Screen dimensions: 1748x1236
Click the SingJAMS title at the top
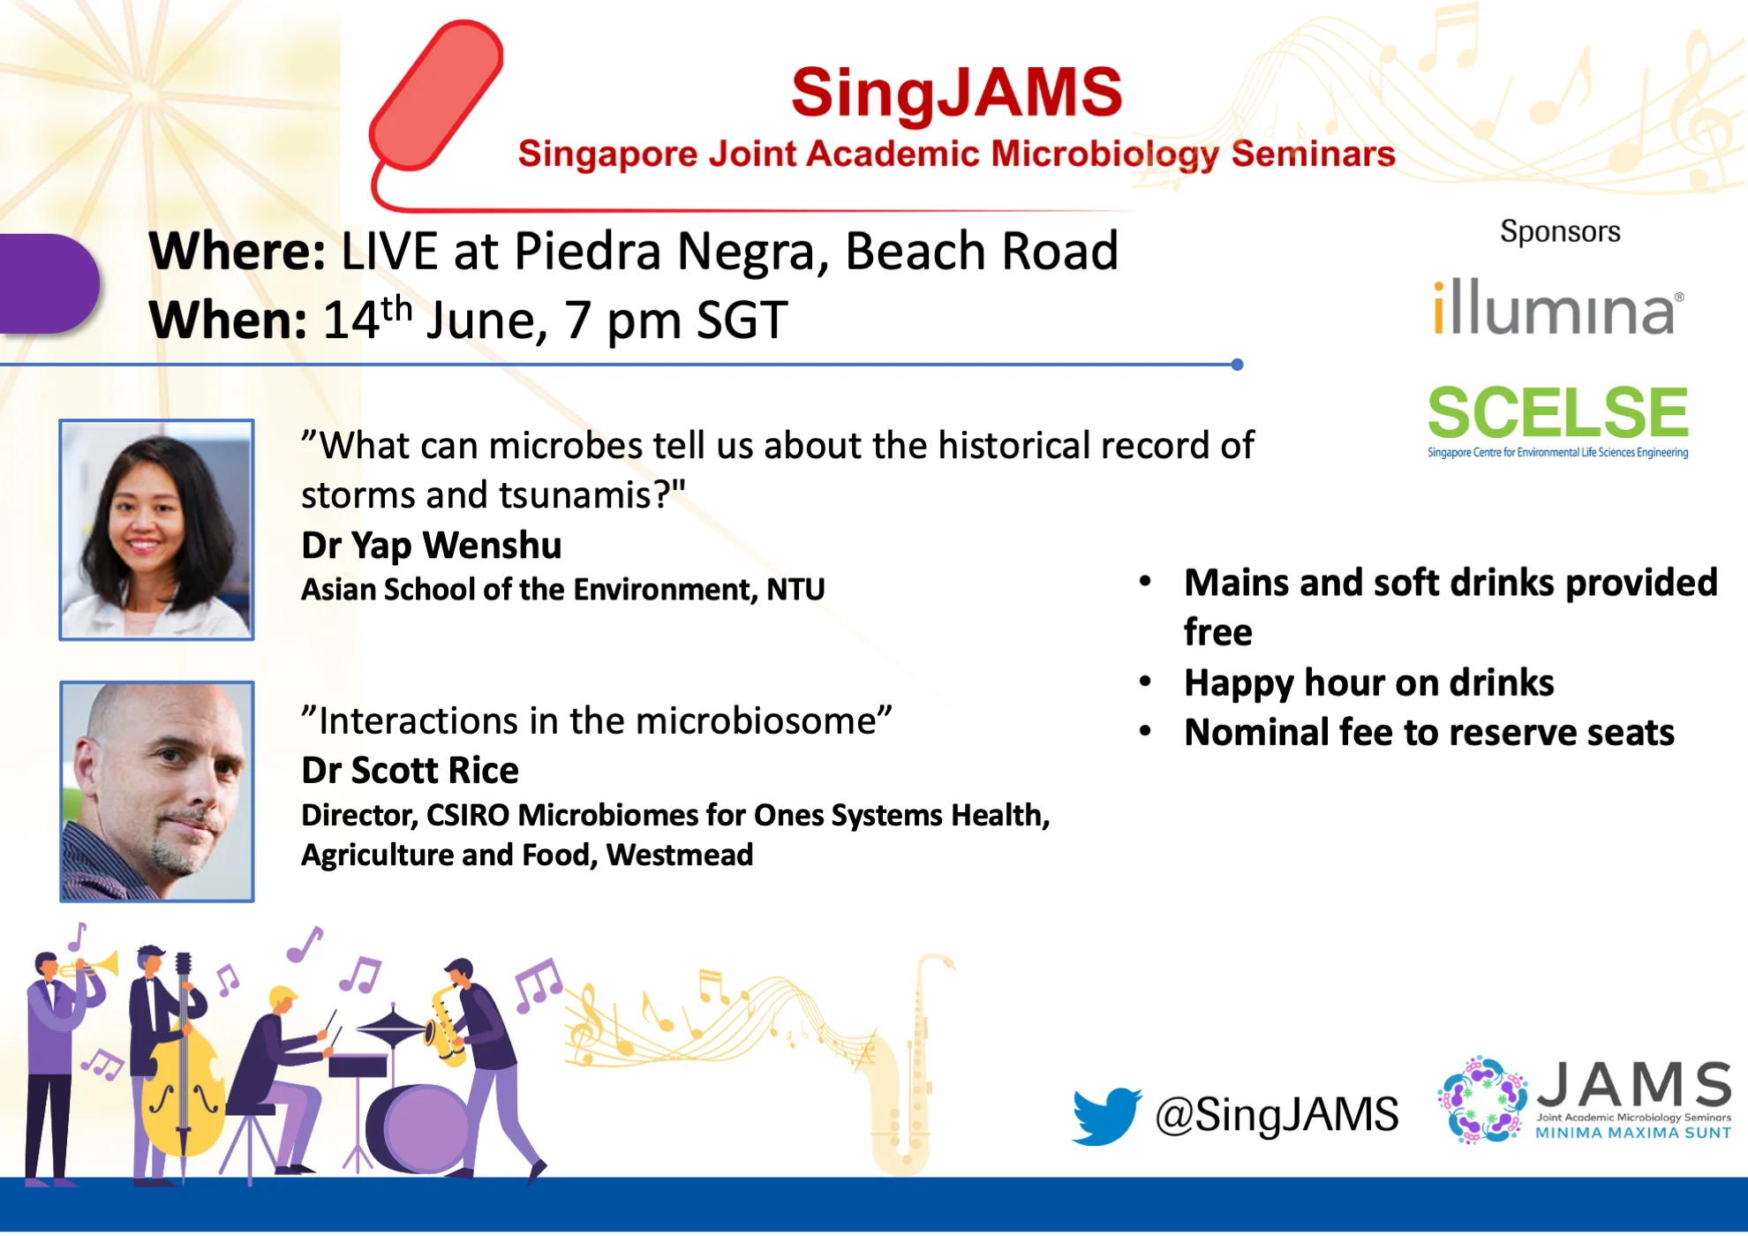[956, 93]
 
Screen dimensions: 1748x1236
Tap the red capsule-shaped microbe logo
[437, 94]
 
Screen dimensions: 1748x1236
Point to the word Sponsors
[1560, 231]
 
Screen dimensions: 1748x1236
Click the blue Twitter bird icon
[1107, 1116]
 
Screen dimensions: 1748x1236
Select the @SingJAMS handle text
[1277, 1114]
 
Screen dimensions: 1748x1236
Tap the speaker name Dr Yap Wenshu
[431, 546]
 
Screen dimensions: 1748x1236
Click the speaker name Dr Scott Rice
[410, 770]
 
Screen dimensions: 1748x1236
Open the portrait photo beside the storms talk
[157, 530]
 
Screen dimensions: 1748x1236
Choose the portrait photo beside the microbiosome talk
[157, 791]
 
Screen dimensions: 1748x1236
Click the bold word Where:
[237, 252]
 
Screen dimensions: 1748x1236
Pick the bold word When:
[228, 320]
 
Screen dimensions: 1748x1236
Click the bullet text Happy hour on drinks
[1368, 682]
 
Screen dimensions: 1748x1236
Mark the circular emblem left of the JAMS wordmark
[1483, 1100]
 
